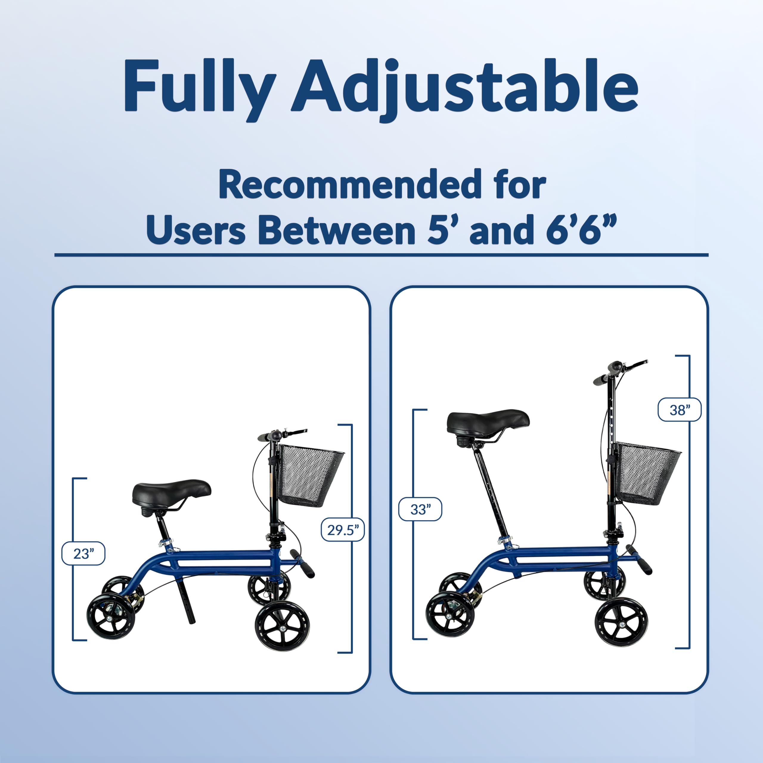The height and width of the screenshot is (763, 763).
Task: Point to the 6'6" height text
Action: [581, 230]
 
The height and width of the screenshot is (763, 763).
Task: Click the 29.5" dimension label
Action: [342, 529]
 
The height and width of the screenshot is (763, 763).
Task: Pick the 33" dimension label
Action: [420, 509]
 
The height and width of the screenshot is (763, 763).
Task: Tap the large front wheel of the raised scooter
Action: [621, 624]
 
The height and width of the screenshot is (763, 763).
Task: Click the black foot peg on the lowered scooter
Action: [302, 563]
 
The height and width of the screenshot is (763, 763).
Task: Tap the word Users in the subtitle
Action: [196, 230]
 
